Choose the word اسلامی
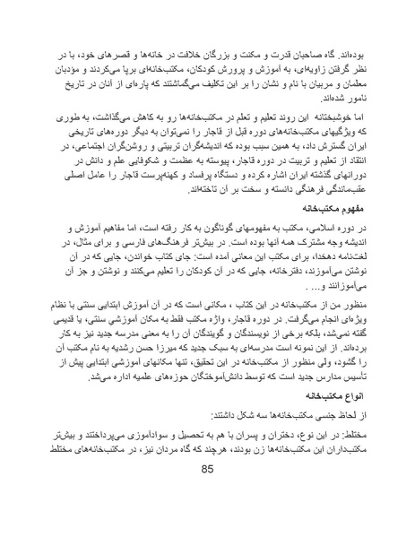tap(333, 229)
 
